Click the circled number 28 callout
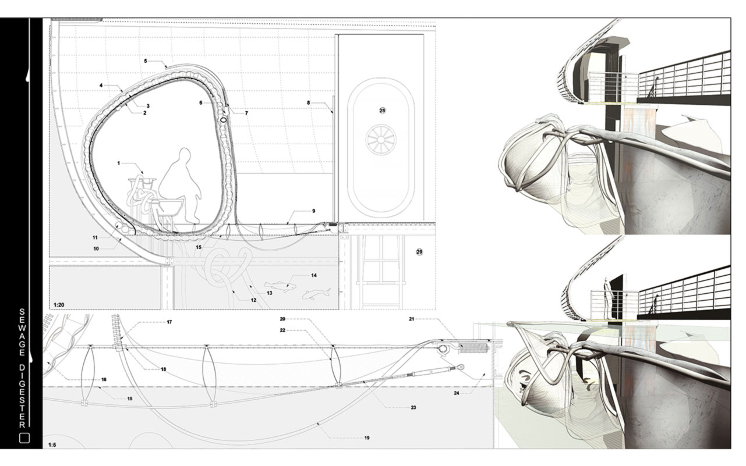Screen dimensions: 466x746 point(383,110)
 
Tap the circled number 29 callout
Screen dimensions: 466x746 point(419,251)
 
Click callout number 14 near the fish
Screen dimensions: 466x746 point(314,275)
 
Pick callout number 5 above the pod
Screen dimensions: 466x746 point(146,61)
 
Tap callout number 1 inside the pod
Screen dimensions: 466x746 point(119,164)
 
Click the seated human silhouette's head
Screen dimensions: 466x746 point(185,157)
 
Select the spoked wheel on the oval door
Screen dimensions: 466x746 point(382,139)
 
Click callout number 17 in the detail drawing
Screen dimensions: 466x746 point(169,322)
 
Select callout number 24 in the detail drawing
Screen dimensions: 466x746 point(457,393)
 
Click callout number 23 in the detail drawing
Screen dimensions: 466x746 point(413,407)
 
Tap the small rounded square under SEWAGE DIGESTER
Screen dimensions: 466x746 point(24,438)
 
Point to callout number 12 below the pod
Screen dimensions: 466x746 point(253,300)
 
